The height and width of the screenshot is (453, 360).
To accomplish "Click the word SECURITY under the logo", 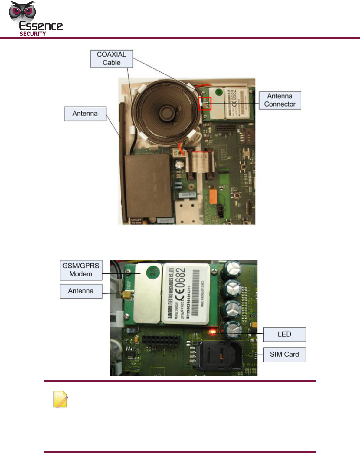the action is (x=33, y=34).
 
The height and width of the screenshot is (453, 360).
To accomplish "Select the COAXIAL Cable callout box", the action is (x=112, y=59).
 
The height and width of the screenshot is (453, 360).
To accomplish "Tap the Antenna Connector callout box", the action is (x=280, y=100).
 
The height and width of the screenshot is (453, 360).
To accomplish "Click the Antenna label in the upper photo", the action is (x=85, y=114).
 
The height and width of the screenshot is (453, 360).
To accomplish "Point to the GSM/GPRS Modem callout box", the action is (x=81, y=270).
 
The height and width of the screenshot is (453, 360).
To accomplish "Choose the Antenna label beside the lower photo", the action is (x=81, y=291).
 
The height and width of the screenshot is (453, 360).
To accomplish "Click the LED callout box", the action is (x=284, y=334).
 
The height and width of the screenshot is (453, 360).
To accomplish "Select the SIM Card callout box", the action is (x=284, y=355).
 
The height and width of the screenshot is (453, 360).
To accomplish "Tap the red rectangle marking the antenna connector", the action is (x=205, y=104).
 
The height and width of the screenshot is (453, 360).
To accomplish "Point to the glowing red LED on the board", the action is (x=212, y=332).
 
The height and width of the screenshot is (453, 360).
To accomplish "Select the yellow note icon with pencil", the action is (x=60, y=399).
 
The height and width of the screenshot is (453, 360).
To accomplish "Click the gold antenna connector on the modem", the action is (x=128, y=295).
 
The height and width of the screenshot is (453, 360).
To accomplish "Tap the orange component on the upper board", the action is (x=213, y=197).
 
